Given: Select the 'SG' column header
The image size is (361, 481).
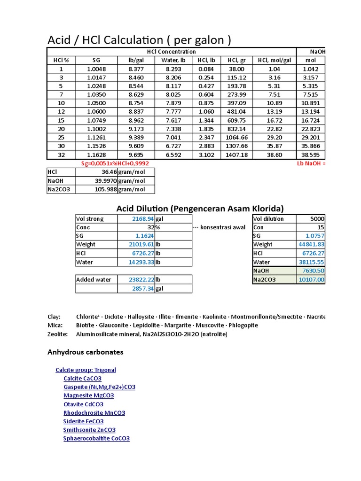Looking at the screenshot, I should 96,60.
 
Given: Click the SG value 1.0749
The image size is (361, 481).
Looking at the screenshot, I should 96,120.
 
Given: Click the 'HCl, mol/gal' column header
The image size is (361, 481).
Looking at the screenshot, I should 275,60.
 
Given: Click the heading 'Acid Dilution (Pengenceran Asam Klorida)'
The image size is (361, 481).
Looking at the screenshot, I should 200,208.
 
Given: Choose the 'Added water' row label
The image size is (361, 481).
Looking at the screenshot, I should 94,279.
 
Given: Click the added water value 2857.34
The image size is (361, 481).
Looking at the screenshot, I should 143,288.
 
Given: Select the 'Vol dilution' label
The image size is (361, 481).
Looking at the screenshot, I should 268,219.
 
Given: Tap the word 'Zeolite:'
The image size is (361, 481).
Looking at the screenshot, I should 58,334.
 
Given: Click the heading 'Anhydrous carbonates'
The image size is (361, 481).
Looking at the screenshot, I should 86,352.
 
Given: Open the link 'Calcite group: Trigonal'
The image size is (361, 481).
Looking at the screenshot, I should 86,370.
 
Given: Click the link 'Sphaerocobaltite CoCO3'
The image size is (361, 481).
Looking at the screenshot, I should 96,438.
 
